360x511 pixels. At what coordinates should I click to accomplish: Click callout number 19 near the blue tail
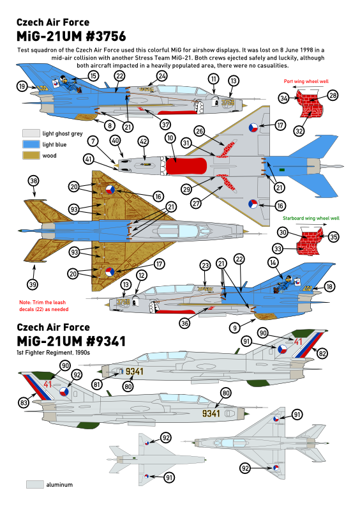click(x=22, y=86)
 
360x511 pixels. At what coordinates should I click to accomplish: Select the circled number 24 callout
click(x=162, y=76)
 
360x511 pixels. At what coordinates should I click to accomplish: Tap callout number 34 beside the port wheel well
click(x=284, y=98)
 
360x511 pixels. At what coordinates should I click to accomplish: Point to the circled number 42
click(x=144, y=141)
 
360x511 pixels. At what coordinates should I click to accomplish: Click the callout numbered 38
click(x=34, y=181)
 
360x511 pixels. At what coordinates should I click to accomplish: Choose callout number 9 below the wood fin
click(x=234, y=328)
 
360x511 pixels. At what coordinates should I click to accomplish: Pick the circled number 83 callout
click(x=24, y=403)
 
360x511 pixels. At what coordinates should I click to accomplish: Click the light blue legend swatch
click(x=31, y=144)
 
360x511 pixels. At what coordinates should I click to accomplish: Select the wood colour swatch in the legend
click(x=31, y=155)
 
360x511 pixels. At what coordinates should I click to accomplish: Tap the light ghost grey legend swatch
click(x=31, y=133)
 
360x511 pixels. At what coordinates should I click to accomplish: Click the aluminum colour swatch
click(x=35, y=484)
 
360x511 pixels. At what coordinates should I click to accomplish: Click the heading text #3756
click(x=106, y=36)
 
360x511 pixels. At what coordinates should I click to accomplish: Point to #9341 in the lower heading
click(x=106, y=341)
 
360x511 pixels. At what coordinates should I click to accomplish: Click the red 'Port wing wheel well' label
click(x=306, y=81)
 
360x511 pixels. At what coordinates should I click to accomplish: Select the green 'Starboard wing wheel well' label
click(x=311, y=218)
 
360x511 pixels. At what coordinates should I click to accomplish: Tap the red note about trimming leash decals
click(x=43, y=306)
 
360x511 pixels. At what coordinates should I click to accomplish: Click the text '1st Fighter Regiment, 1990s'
click(x=53, y=353)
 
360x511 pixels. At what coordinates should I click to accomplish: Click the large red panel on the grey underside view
click(x=186, y=165)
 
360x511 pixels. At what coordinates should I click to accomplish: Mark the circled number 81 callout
click(x=96, y=385)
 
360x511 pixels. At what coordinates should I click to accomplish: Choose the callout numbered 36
click(x=184, y=323)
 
